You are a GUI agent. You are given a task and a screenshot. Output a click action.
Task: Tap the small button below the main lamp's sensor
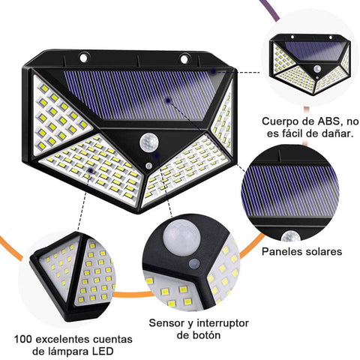pos(149,163)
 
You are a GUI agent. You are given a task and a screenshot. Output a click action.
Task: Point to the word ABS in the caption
pos(323,121)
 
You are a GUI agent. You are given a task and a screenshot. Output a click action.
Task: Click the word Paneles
pos(283,252)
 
